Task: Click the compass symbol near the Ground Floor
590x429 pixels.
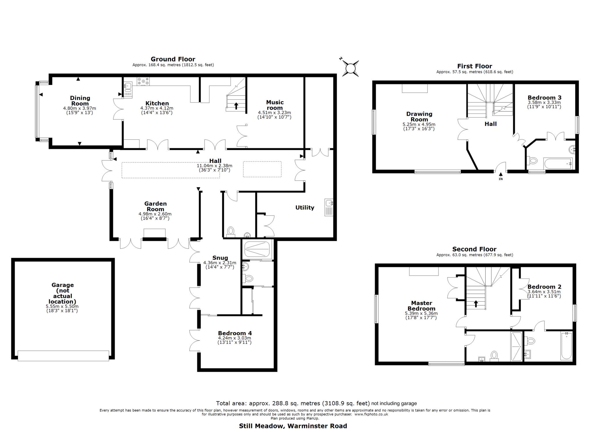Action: click(351, 69)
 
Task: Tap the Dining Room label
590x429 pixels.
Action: click(80, 101)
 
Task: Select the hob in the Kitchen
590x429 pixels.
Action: click(143, 81)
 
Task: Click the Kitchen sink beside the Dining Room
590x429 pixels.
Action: click(128, 86)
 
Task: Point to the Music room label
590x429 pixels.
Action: click(275, 105)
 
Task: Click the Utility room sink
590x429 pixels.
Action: click(328, 203)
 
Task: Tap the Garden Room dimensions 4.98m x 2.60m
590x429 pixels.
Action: click(155, 214)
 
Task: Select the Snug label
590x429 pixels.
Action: click(220, 258)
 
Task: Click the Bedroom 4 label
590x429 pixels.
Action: click(235, 333)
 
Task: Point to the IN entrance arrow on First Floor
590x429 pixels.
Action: click(501, 174)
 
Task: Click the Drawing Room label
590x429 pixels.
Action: click(419, 116)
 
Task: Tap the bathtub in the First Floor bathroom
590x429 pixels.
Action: click(558, 164)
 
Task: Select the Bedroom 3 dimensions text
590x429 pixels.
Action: click(544, 104)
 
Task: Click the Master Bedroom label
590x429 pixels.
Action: click(421, 306)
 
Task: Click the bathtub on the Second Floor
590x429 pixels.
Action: click(566, 346)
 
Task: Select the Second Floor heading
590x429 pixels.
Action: click(474, 249)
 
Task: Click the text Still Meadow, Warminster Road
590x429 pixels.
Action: click(293, 426)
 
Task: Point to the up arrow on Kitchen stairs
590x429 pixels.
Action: click(236, 106)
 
